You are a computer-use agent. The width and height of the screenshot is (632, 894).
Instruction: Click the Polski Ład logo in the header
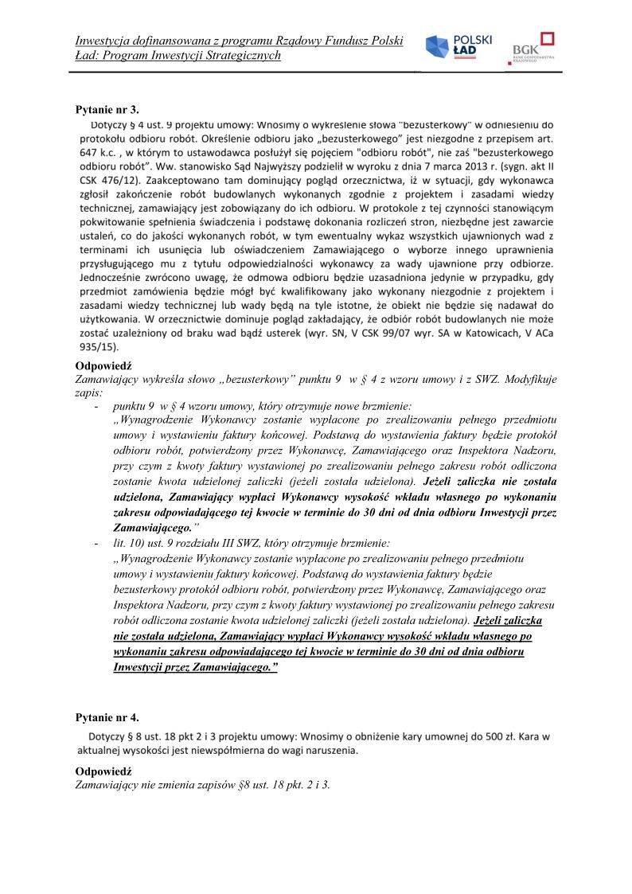(458, 49)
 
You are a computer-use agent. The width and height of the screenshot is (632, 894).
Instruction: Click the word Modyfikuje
(530, 379)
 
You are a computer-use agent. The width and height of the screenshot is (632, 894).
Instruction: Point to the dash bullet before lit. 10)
(96, 542)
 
